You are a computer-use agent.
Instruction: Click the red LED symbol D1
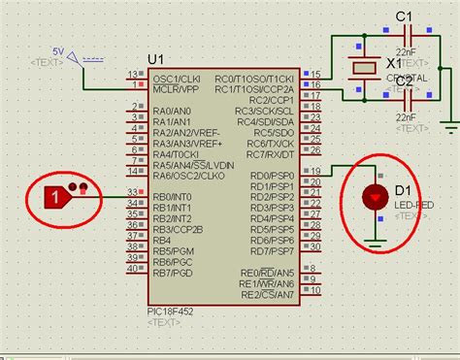[373, 198]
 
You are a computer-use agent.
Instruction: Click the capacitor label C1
[405, 16]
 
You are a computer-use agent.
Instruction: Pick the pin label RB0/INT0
[176, 197]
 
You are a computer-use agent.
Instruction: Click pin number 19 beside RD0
[314, 171]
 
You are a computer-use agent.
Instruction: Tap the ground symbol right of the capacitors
[448, 124]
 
